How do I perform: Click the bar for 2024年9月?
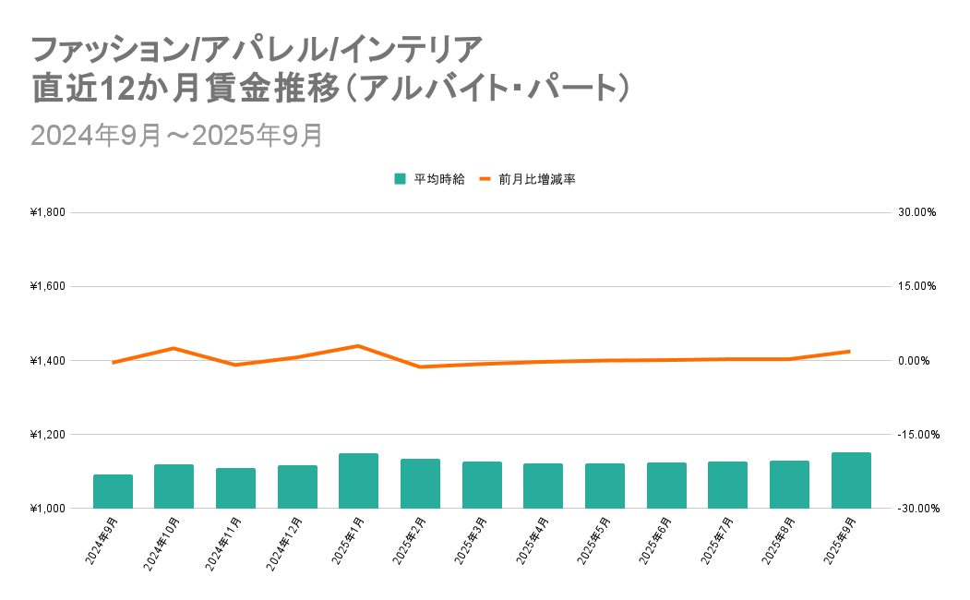point(113,491)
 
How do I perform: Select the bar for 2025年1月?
point(358,481)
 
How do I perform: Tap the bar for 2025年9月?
point(851,480)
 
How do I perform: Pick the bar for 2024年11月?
point(235,488)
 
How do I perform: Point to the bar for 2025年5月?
point(605,486)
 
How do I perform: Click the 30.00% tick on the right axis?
point(917,212)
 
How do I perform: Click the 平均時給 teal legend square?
point(400,179)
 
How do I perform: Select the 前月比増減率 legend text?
point(536,179)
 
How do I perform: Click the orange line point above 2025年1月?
point(358,345)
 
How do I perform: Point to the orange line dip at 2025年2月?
point(420,367)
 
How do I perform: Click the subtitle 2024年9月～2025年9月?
point(176,135)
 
